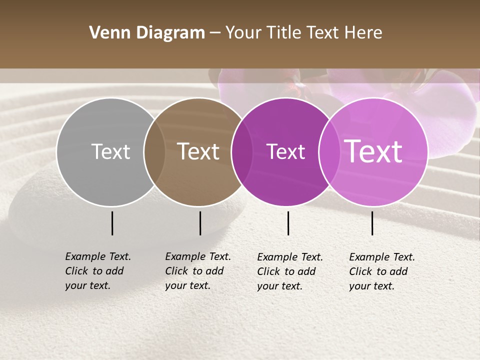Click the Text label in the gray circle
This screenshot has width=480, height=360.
point(110,151)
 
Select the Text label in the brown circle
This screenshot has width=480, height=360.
point(198,151)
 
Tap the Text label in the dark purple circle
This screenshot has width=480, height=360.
point(285,151)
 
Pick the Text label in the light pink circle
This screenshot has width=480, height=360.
point(373,151)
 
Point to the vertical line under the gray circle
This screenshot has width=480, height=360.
point(112,223)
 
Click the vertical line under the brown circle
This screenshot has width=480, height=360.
point(200,223)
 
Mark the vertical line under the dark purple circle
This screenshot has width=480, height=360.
point(288,223)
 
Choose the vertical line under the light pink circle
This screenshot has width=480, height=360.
point(372,223)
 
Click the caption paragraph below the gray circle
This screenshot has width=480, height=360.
point(98,271)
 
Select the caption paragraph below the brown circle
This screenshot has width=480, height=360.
point(198,271)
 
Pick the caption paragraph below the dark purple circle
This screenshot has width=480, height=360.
point(290,271)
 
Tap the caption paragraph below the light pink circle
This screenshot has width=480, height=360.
point(382,271)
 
